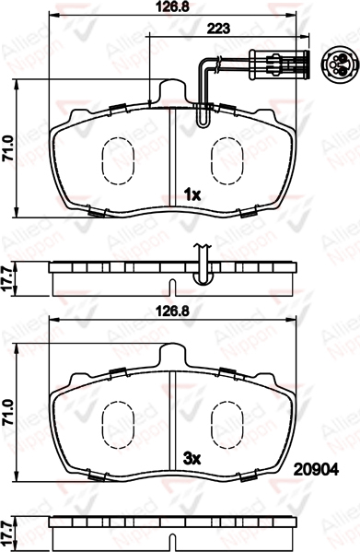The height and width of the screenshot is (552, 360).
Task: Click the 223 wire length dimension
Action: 218,29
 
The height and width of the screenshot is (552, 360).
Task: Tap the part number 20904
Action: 316,469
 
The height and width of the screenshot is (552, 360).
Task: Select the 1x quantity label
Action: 192,194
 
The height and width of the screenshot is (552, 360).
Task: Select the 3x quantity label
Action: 192,458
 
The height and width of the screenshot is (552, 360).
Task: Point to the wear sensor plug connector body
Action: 279,65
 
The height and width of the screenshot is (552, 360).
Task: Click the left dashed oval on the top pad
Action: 118,160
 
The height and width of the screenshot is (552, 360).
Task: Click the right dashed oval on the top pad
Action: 226,160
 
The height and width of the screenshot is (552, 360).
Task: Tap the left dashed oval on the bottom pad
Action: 118,425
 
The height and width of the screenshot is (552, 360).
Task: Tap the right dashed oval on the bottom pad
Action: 226,425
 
